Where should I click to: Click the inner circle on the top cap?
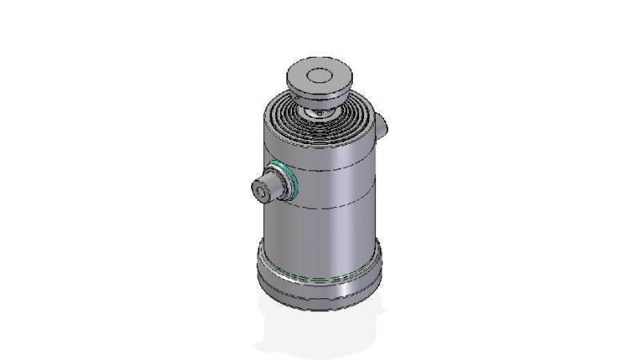pos(320,77)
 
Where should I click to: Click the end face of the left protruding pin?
pos(261,192)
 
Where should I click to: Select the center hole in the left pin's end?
pos(260,192)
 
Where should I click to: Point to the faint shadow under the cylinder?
pos(320,332)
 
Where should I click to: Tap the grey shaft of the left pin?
pos(271,187)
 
